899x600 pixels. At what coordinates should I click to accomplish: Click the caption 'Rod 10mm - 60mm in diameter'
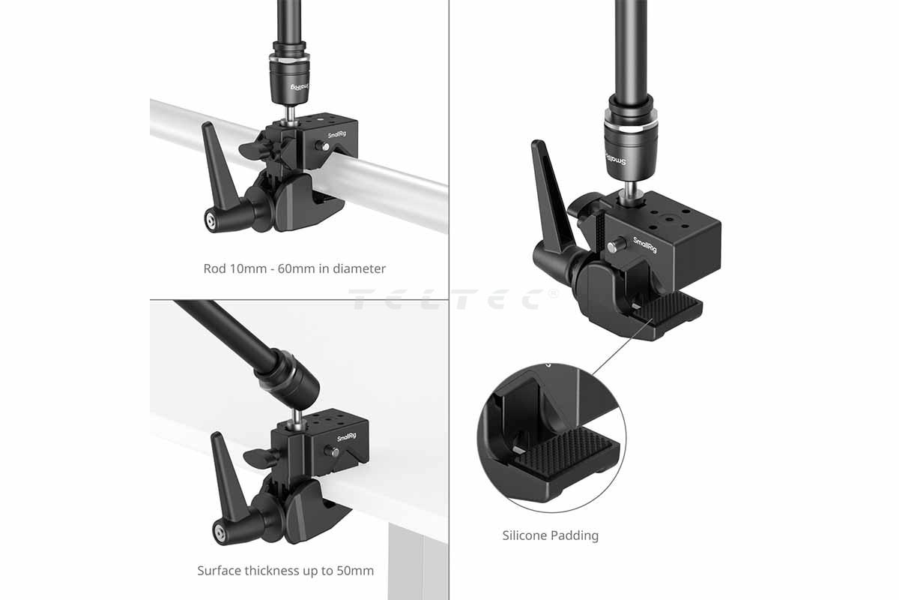294,268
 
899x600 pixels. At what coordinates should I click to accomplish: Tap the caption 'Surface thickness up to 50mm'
285,571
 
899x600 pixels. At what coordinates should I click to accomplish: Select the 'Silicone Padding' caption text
550,535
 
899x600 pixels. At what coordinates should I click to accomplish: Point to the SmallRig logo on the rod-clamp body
336,135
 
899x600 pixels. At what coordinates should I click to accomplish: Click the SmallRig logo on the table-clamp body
347,436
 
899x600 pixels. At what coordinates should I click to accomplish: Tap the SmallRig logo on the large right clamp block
645,245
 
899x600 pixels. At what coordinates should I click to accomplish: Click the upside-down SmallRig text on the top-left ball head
300,87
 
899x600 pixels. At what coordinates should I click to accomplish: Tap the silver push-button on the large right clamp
617,245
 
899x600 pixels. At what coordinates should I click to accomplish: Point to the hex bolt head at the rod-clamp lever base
211,220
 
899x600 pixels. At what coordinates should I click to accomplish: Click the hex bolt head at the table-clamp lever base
219,533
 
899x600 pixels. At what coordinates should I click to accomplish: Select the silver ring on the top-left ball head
289,60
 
